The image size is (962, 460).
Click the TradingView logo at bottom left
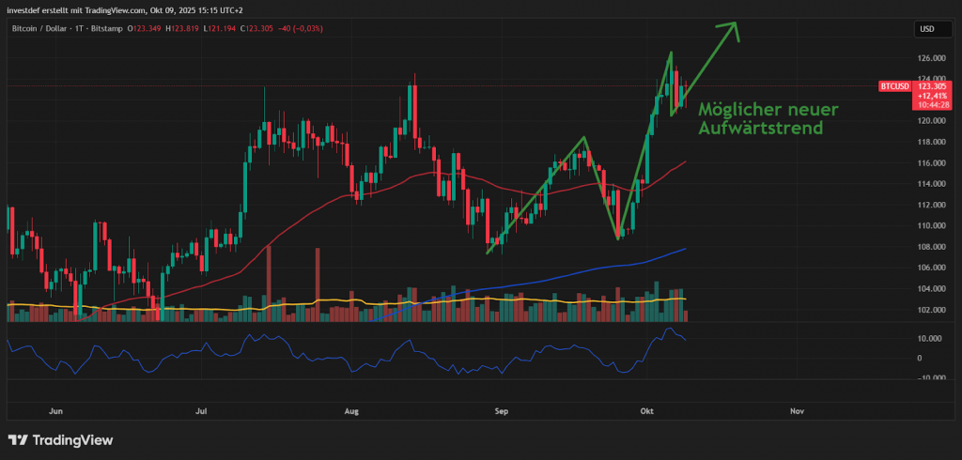60,439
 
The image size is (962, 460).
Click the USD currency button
926,30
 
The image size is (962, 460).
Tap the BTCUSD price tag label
894,86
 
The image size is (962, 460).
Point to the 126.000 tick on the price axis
930,57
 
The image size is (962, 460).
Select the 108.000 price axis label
930,247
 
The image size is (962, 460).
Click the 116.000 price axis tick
930,162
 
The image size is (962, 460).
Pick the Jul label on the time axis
202,411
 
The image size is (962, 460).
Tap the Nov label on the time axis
798,411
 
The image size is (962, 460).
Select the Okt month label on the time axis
646,411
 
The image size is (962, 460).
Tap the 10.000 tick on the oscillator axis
930,338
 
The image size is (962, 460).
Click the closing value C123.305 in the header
266,28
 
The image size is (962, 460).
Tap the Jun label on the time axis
55,411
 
